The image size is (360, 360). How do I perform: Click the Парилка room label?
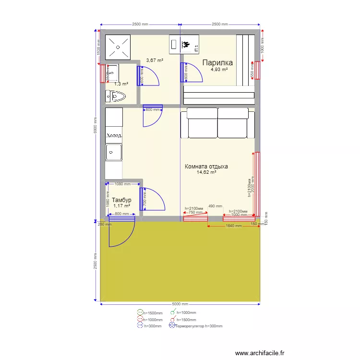217,62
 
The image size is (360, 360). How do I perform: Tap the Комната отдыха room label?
206,167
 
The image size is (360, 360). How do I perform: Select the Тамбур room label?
121,200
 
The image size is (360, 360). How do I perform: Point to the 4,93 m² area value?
219,69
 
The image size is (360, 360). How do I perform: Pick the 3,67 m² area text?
155,60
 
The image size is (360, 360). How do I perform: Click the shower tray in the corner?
118,47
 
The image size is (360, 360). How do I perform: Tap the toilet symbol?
117,96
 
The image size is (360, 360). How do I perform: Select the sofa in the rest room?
217,123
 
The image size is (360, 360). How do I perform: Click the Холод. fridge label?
114,135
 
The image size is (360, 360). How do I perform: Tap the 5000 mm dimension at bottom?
180,304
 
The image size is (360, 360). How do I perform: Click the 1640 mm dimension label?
234,226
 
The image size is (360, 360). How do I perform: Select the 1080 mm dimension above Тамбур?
123,184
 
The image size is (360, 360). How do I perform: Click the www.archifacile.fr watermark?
260,353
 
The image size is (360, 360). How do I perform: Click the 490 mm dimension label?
215,206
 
